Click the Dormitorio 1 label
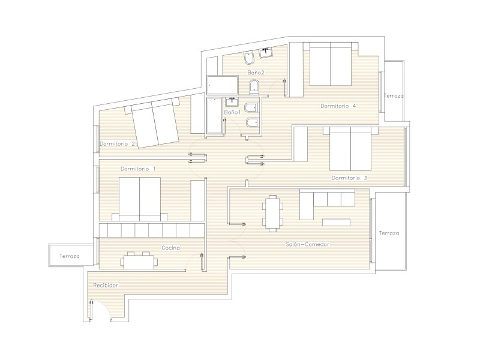coord(138,169)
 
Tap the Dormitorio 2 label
coord(117,143)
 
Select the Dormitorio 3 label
coord(349,178)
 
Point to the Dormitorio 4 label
coord(338,106)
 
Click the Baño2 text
coord(256,73)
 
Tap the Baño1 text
coord(232,112)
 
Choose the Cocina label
coord(171,248)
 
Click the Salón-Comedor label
coord(307,244)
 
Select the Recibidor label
coord(106,286)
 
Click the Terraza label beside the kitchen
coord(70,256)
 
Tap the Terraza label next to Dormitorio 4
coord(394,96)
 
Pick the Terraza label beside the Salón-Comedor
coord(389,233)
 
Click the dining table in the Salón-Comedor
coord(272,214)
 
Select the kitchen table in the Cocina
coord(139,261)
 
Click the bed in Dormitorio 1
coord(140,199)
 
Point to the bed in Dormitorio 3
coord(350,149)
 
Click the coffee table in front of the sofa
coord(336,223)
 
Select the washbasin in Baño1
coord(233,101)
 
